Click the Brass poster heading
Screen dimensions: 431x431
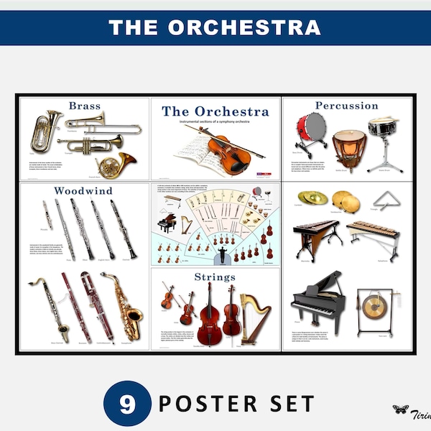(85, 106)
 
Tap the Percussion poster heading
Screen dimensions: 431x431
(346, 106)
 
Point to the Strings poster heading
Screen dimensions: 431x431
(215, 277)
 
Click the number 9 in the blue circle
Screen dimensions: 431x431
(127, 404)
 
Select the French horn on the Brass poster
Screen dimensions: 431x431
(116, 164)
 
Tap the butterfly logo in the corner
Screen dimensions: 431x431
(400, 409)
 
